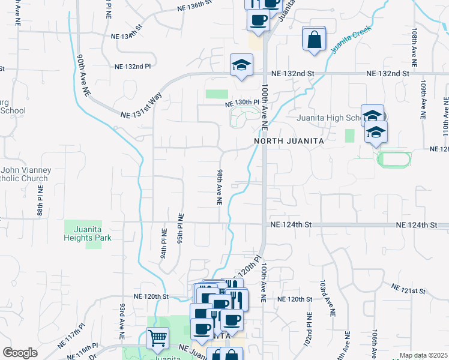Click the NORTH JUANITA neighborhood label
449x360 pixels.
click(x=289, y=140)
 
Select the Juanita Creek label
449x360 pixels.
click(x=351, y=40)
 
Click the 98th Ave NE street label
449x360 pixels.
click(x=220, y=188)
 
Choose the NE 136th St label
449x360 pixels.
click(x=196, y=8)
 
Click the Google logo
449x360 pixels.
click(x=20, y=353)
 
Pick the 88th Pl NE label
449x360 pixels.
click(x=40, y=204)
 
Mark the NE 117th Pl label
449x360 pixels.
click(x=71, y=333)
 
